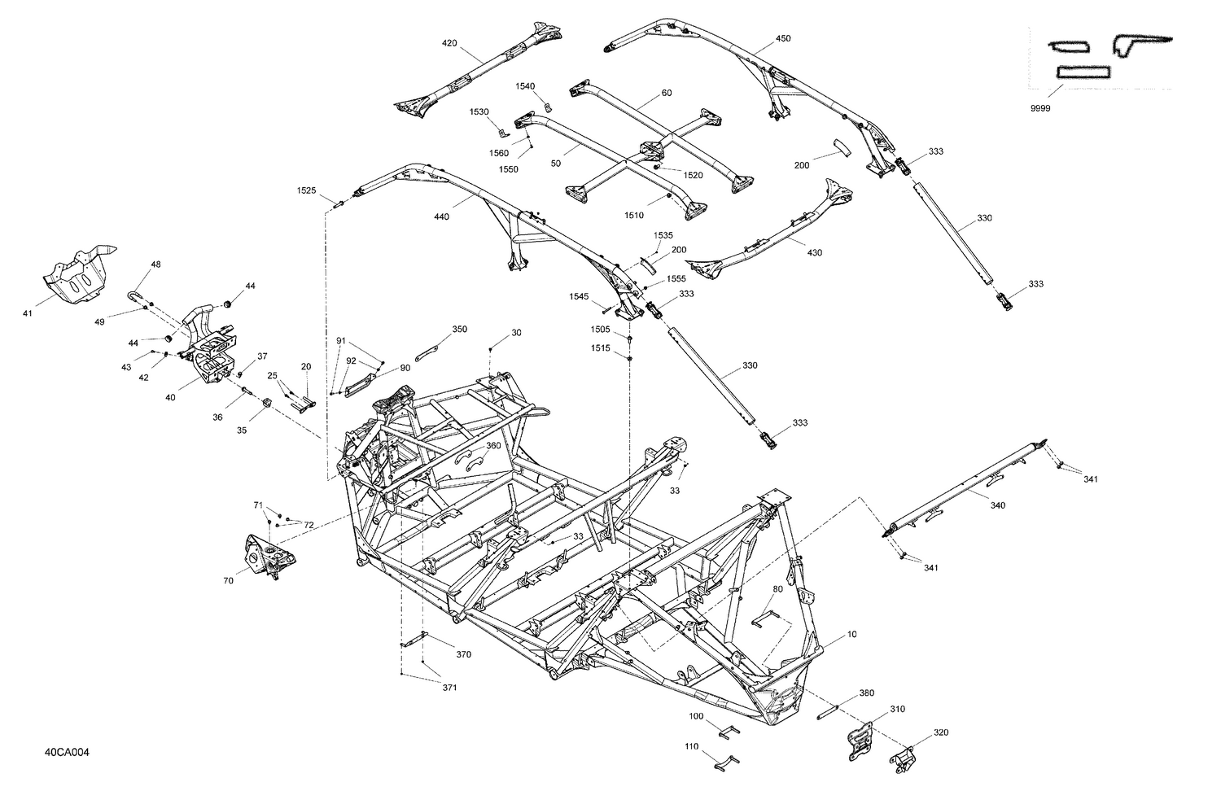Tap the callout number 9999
click(x=1039, y=108)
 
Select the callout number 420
click(x=450, y=42)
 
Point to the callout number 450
click(x=782, y=38)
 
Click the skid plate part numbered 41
click(x=77, y=269)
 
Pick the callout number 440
click(x=441, y=216)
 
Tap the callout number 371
click(x=449, y=688)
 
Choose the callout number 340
click(x=997, y=505)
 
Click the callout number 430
click(x=814, y=252)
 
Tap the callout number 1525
click(x=306, y=190)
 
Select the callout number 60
click(x=667, y=93)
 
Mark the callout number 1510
click(x=634, y=216)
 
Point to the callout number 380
click(x=867, y=693)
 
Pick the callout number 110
click(x=692, y=746)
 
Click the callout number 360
click(x=493, y=445)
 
